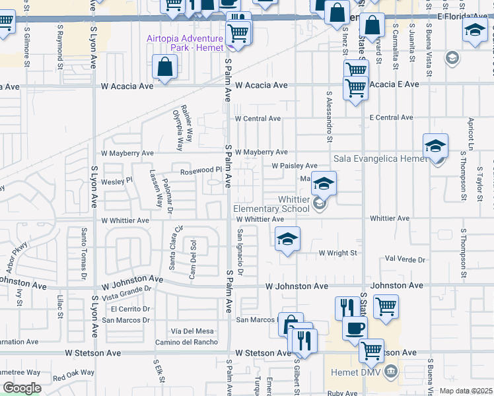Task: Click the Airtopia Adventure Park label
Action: point(186,44)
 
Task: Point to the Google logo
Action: point(22,388)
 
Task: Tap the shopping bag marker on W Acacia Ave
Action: point(164,67)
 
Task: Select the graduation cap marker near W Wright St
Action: point(287,240)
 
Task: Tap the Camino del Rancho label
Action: point(186,341)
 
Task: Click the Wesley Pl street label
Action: point(117,180)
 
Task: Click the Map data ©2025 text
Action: point(466,391)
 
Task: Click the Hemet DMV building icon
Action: point(391,372)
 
